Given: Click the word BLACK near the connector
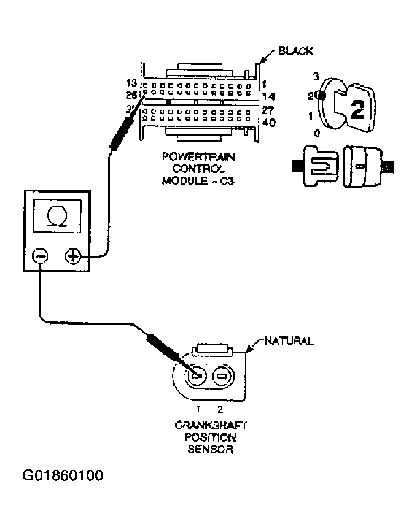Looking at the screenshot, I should coord(296,51).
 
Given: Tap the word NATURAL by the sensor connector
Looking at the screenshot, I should coord(289,340).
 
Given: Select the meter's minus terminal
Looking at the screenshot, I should coord(40,257).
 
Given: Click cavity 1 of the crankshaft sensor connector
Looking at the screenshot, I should coord(198,375).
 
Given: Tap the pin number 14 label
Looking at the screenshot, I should coord(268,96).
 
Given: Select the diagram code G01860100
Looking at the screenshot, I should coord(63,475).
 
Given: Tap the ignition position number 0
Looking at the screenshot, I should coord(316,133).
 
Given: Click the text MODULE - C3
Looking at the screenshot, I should coord(193,180).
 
